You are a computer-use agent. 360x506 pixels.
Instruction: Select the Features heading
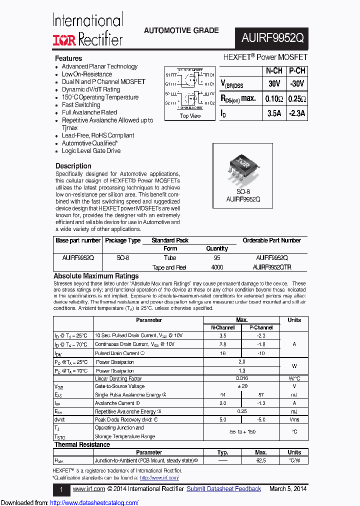click(68, 58)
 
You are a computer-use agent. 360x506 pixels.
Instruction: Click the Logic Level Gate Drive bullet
click(91, 150)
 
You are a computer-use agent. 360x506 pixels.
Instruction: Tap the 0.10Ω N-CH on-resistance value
click(274, 98)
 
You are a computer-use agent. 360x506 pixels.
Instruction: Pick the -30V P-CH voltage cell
click(297, 83)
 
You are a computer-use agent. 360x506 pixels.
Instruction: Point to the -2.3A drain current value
click(297, 113)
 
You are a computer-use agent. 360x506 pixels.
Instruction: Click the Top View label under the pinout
click(190, 116)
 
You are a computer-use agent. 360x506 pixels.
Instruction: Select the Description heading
click(73, 166)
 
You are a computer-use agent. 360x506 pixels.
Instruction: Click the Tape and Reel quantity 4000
click(217, 267)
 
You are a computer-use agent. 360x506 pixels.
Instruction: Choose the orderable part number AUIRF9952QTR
click(272, 267)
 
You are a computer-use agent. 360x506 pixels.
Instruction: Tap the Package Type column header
click(122, 240)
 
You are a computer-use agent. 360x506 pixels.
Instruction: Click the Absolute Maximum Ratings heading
click(96, 276)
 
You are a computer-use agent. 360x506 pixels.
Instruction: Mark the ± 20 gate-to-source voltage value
click(242, 386)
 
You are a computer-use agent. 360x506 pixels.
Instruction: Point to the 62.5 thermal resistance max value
click(260, 460)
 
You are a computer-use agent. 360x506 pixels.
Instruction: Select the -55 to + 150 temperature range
click(242, 431)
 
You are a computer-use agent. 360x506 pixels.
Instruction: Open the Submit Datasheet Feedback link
click(223, 489)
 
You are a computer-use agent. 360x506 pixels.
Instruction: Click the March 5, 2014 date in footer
click(288, 489)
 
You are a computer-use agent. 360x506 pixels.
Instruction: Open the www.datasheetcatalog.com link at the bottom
click(94, 503)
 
